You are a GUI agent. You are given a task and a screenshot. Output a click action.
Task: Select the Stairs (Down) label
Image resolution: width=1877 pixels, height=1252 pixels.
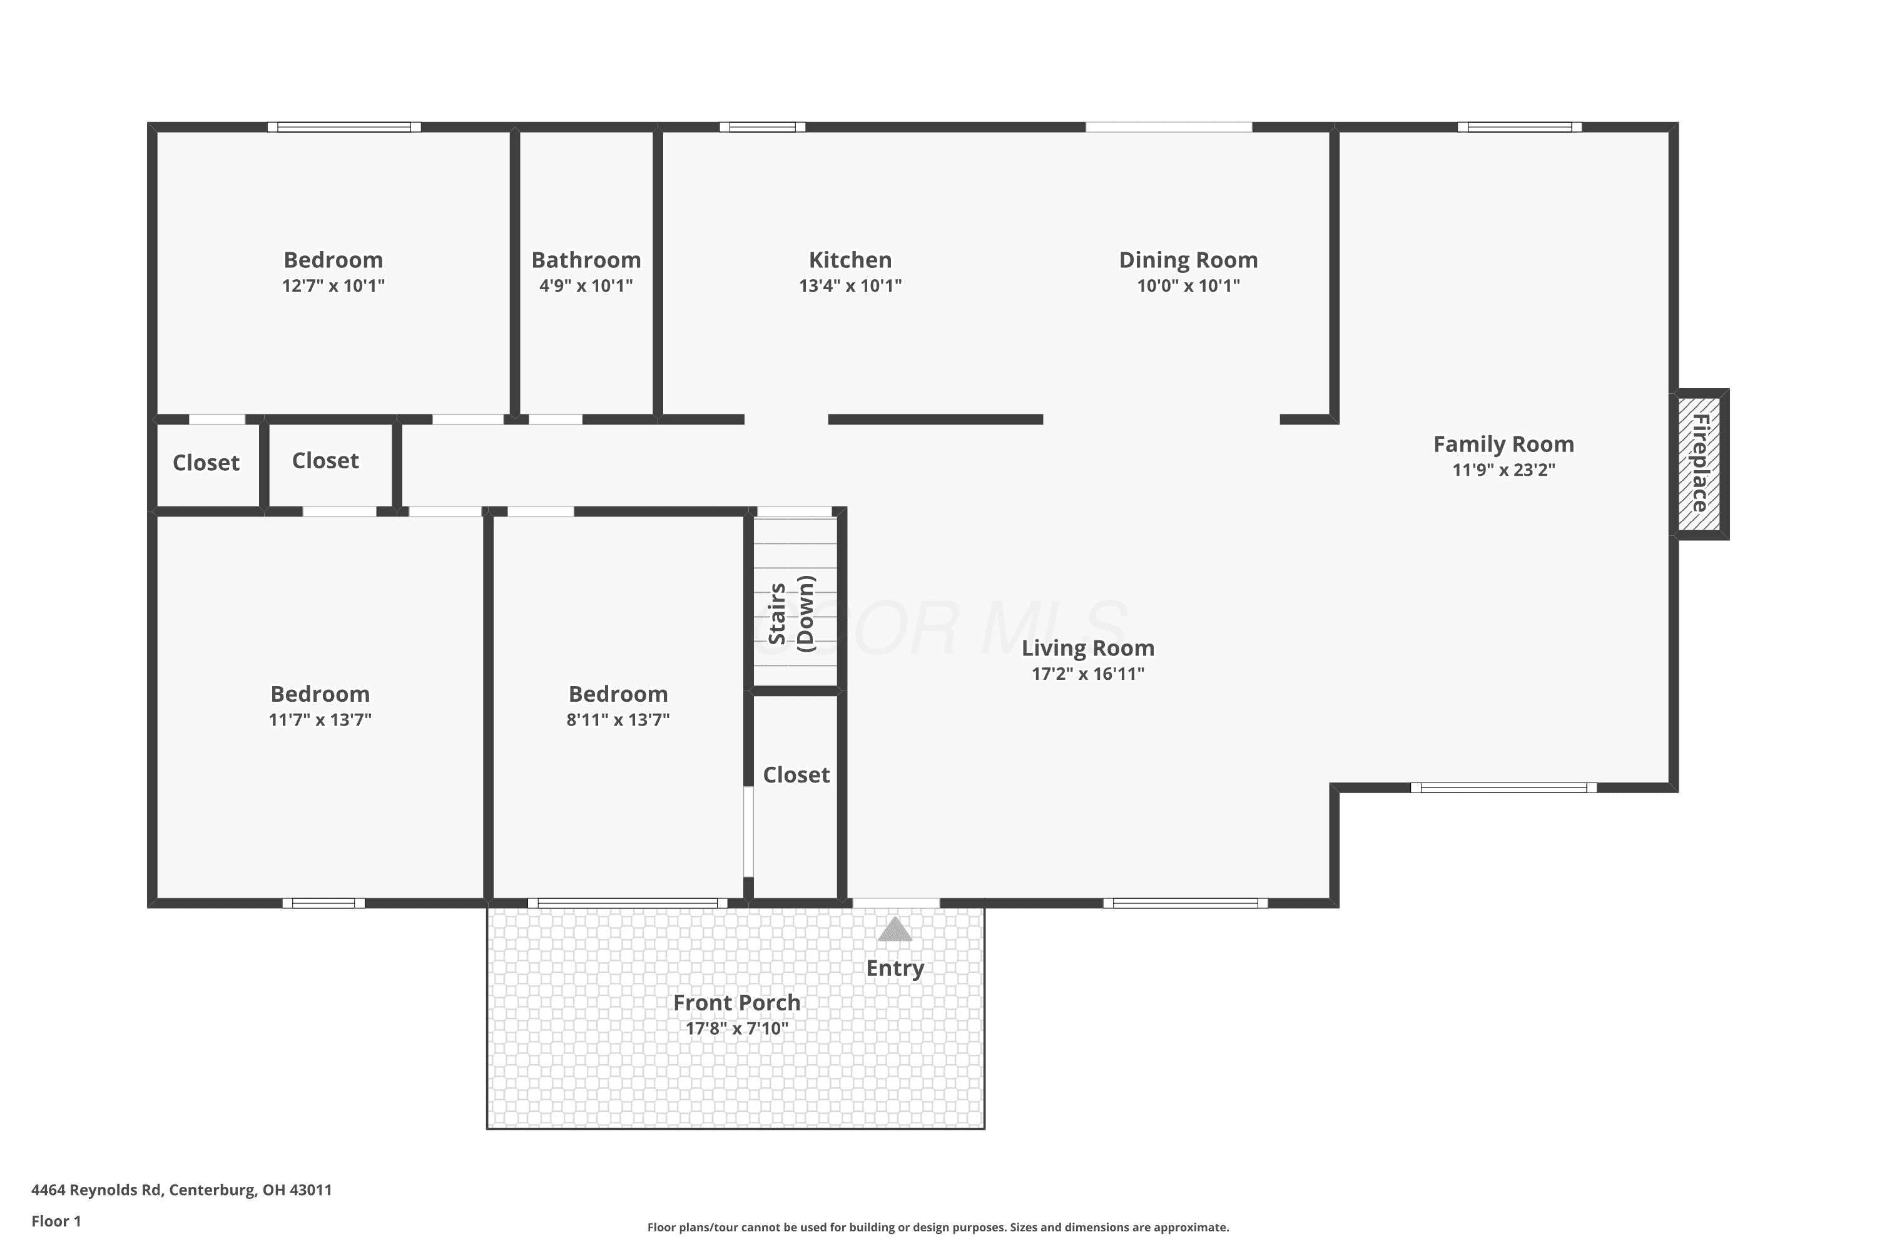pos(791,613)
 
